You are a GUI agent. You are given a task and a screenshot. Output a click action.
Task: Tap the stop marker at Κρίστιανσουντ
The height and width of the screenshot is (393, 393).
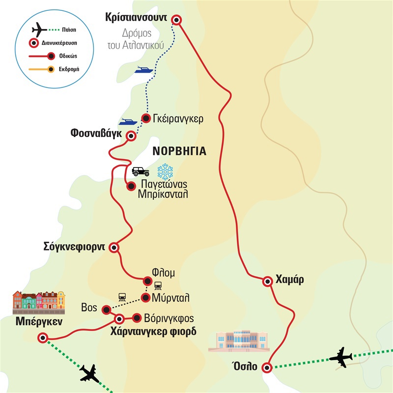point(176,19)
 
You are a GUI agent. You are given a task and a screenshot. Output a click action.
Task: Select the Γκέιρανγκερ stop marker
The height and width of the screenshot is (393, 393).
point(146,118)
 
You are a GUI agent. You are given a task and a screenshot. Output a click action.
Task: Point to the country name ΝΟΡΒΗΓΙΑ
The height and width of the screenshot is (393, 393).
point(178,151)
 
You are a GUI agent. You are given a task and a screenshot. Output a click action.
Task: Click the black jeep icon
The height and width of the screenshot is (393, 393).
point(140,171)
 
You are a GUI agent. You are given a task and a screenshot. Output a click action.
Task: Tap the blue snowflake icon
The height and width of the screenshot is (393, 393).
point(165,171)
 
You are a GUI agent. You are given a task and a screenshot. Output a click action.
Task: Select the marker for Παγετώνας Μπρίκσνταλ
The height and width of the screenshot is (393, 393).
point(131,186)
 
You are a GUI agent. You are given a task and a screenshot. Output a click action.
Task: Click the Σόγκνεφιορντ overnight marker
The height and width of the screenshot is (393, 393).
point(113,248)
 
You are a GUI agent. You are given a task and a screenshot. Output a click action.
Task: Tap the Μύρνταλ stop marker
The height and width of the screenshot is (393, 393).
point(146,298)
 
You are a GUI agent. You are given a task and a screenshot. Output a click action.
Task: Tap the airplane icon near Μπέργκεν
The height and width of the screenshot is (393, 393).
point(89,375)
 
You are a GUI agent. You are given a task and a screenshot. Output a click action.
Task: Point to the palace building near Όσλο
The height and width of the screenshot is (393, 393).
point(239,341)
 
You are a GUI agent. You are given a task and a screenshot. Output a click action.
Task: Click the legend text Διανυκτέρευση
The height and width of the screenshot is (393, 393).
point(60,43)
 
